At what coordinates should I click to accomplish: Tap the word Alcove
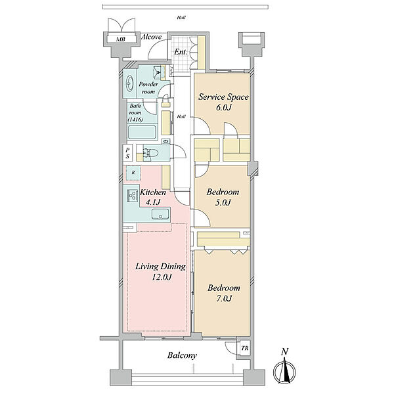151,37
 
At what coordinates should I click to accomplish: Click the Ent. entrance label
181,52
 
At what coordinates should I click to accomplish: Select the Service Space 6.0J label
223,102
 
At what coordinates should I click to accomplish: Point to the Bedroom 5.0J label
223,197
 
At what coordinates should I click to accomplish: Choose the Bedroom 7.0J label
224,293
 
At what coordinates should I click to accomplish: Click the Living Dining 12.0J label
161,272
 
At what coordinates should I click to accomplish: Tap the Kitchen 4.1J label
153,197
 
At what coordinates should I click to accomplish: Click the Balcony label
182,355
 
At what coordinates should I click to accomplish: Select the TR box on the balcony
244,348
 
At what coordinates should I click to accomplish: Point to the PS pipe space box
127,153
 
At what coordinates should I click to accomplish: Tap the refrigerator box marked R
133,173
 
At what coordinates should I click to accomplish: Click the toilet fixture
151,152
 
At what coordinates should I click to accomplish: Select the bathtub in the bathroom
142,132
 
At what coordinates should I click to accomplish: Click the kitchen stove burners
133,196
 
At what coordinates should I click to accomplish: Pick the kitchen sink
160,214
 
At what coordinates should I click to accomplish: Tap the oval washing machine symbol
129,83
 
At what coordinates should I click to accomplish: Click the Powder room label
148,88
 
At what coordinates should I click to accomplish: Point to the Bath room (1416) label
136,112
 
